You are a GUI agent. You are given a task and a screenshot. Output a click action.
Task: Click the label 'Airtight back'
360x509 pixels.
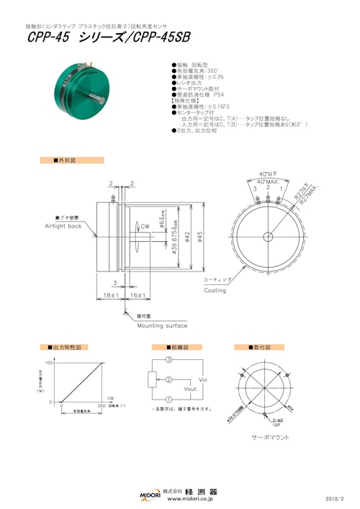pyautogui.click(x=66, y=226)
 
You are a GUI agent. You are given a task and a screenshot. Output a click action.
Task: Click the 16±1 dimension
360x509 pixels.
pyautogui.click(x=137, y=296)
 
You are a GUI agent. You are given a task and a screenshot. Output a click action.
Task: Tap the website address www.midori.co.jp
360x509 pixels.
pyautogui.click(x=192, y=497)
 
